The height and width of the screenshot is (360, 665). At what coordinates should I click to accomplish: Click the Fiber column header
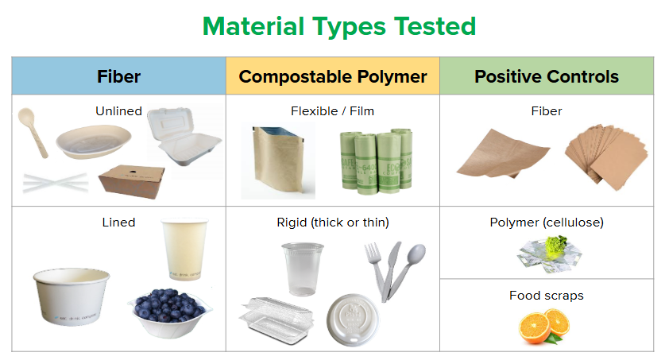pos(118,76)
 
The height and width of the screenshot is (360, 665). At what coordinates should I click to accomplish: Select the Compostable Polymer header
pos(333,77)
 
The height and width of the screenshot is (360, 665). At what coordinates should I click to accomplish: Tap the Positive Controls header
pos(547,76)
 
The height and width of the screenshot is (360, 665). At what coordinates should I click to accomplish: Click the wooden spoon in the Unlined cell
pos(33,132)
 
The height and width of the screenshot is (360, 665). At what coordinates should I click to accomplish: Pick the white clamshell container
pos(184,135)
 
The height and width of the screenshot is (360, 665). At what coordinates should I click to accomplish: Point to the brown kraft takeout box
pos(132,181)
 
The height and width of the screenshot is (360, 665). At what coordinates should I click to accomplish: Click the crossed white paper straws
pos(56,183)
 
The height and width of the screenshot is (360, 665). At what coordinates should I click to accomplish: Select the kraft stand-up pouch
pos(278,160)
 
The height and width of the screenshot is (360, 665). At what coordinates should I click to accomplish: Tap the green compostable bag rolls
pos(377,161)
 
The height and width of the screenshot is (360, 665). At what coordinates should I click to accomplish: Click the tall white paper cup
pos(184,249)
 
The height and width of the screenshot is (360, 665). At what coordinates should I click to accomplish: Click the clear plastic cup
pos(303,269)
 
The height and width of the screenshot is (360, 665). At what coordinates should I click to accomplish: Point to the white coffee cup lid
pos(353,319)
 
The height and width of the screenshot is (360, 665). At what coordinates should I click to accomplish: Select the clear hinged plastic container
pos(276,320)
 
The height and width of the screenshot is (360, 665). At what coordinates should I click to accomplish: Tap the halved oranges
pos(544,326)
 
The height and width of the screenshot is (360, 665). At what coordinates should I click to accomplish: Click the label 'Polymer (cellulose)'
pos(547,223)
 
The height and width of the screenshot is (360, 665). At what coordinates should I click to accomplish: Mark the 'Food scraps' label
pos(547,295)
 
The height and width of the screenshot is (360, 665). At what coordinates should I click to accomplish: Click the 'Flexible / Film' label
pos(332,111)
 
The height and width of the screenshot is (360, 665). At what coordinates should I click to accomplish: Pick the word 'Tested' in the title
pos(435,26)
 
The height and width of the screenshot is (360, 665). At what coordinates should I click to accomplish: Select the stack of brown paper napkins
pos(606,157)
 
